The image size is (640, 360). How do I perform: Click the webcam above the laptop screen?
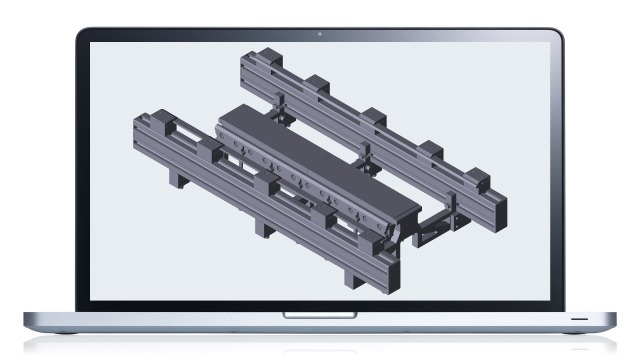tap(320, 35)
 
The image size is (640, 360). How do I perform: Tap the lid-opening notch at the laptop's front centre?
tap(320, 316)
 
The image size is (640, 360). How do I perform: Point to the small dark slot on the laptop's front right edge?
tap(579, 317)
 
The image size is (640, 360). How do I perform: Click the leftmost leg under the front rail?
tap(181, 180)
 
